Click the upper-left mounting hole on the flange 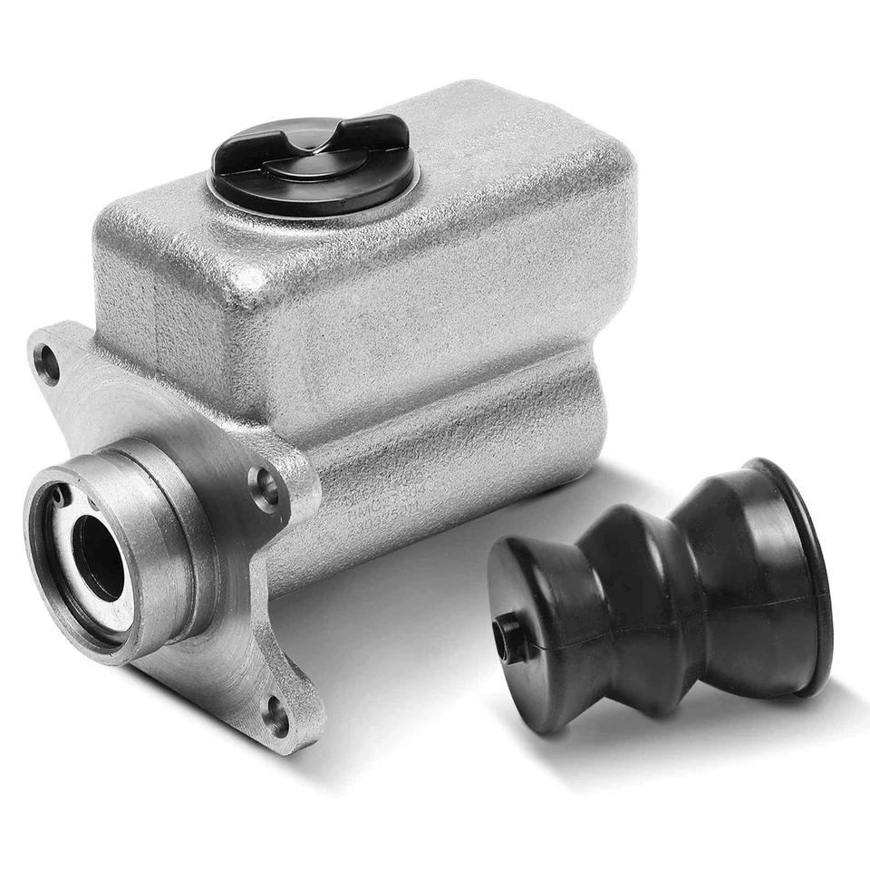pos(47,364)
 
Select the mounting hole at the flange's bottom pos(276,715)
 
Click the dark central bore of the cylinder pos(98,557)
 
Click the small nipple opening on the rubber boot pos(505,625)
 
